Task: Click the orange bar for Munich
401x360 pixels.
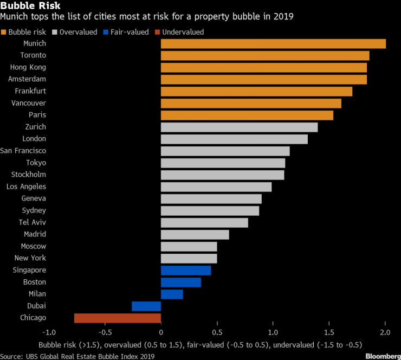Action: point(273,44)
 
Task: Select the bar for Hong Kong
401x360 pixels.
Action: point(264,68)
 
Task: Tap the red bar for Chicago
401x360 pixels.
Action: point(118,318)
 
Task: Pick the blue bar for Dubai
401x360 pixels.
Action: point(146,306)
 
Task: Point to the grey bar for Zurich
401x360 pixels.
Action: point(239,127)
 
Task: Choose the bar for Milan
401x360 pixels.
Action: point(172,294)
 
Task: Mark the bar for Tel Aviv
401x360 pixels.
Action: point(204,223)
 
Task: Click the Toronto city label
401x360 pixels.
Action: point(33,55)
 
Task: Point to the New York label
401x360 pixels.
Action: point(30,258)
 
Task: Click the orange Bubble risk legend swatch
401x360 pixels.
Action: point(4,32)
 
